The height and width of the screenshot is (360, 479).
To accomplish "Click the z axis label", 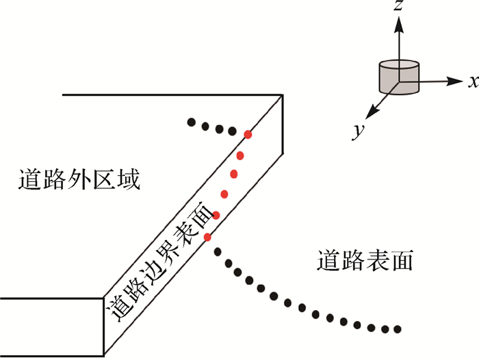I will (x=396, y=8).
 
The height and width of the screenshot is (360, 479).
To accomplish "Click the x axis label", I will (x=472, y=81).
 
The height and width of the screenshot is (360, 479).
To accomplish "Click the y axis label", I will (x=357, y=131).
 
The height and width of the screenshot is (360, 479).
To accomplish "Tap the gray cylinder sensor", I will (x=398, y=76).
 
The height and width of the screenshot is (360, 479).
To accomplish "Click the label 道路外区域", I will (x=79, y=181).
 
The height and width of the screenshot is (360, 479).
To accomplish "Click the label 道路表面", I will (x=366, y=261).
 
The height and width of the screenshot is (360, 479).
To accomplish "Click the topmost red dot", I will (x=248, y=135).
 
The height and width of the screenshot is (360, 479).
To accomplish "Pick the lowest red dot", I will (x=208, y=237).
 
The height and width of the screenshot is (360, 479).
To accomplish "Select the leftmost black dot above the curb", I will (x=192, y=123).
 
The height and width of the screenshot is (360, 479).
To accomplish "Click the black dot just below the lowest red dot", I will (x=218, y=252).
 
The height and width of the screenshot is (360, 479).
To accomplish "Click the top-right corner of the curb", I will (x=283, y=94).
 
